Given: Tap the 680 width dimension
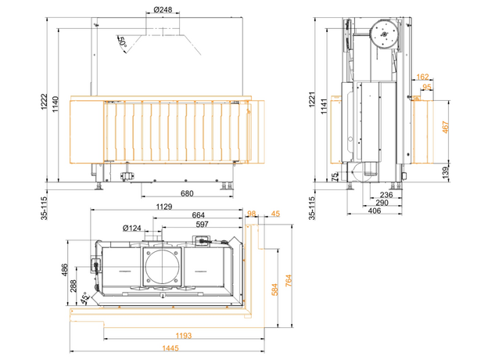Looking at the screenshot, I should point(187,193).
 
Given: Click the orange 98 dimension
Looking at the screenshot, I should point(251,213).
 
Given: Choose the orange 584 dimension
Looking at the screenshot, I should point(274,290).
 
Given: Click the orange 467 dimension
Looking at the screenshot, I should point(445,127).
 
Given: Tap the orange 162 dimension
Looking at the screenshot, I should point(423,77).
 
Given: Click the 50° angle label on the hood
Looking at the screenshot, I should point(122,42).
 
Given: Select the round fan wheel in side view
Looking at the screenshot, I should point(384,34).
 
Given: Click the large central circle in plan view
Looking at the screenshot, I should point(163,268).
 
